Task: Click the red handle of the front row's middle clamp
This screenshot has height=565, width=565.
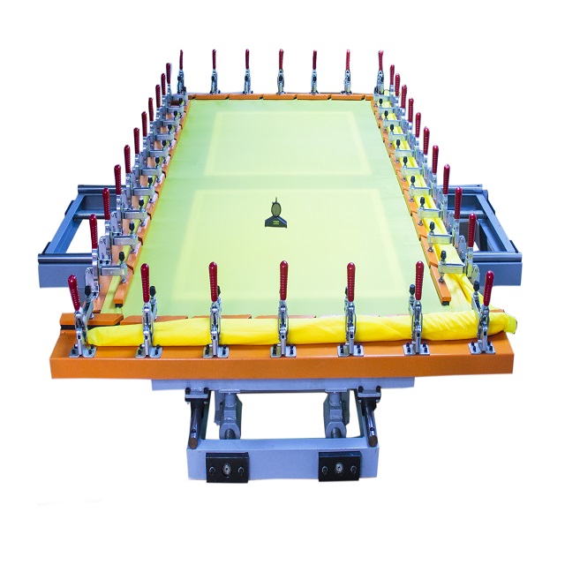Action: pyautogui.click(x=283, y=279)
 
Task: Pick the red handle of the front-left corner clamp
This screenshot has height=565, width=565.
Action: pyautogui.click(x=73, y=293)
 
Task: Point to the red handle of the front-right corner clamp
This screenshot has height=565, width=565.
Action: pyautogui.click(x=488, y=288)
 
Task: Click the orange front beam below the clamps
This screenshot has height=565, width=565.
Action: pyautogui.click(x=282, y=363)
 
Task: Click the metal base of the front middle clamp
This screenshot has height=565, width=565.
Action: pyautogui.click(x=283, y=347)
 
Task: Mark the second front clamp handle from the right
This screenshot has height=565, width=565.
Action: pyautogui.click(x=419, y=280)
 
